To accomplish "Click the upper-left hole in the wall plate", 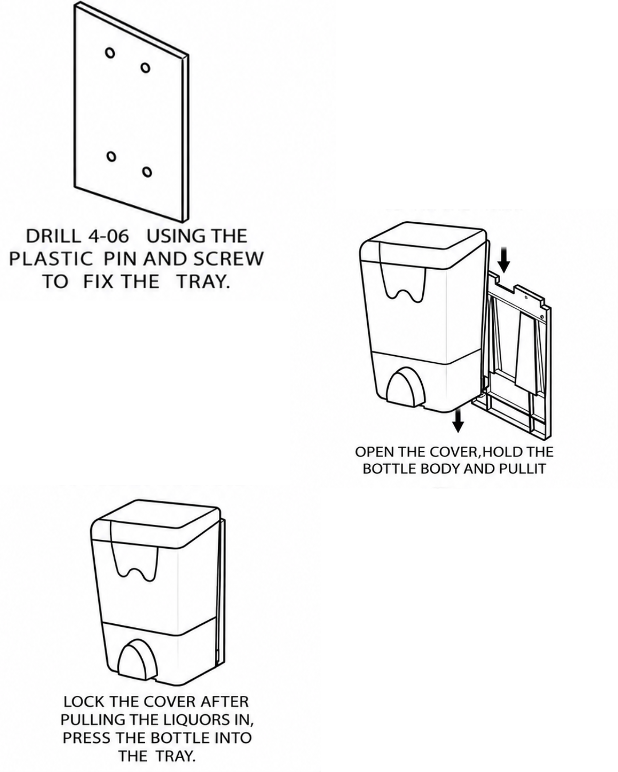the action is point(110,52).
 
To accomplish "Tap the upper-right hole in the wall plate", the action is point(145,67).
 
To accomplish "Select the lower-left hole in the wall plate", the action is point(111,156).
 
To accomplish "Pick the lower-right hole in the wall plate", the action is point(146,172).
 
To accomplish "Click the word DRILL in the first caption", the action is point(54,236).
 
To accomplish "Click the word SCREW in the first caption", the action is point(229,259).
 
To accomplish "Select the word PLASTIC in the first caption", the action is point(51,259).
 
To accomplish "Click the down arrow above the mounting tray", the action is point(504,260).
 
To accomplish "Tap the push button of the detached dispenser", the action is point(405,389).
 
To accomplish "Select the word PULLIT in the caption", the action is point(523,468).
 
